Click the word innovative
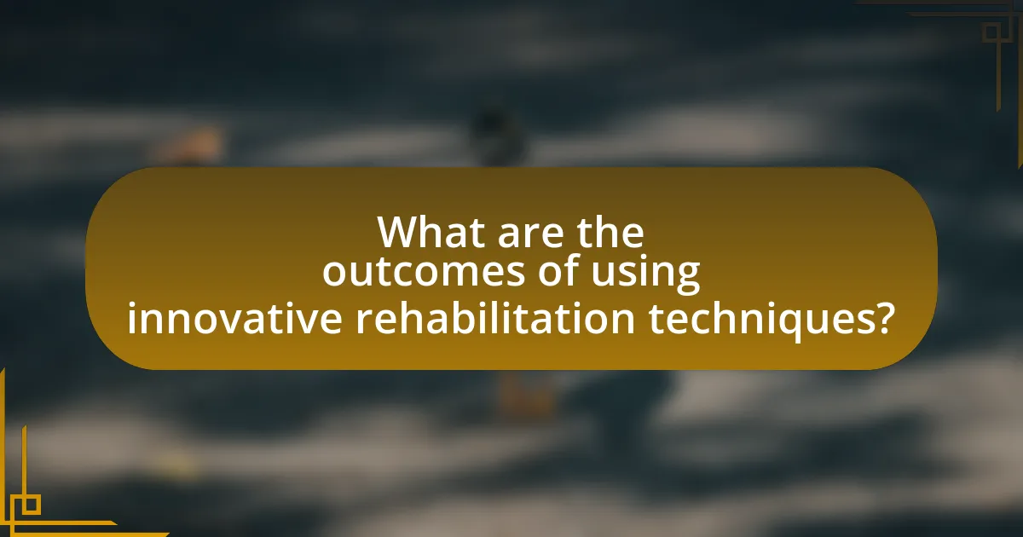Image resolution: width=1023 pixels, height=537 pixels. point(235,318)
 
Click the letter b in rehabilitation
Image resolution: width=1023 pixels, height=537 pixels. point(477,317)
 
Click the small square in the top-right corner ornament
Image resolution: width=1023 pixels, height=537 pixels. point(991,32)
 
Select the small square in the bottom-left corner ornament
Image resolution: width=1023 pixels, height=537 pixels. point(30,505)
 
